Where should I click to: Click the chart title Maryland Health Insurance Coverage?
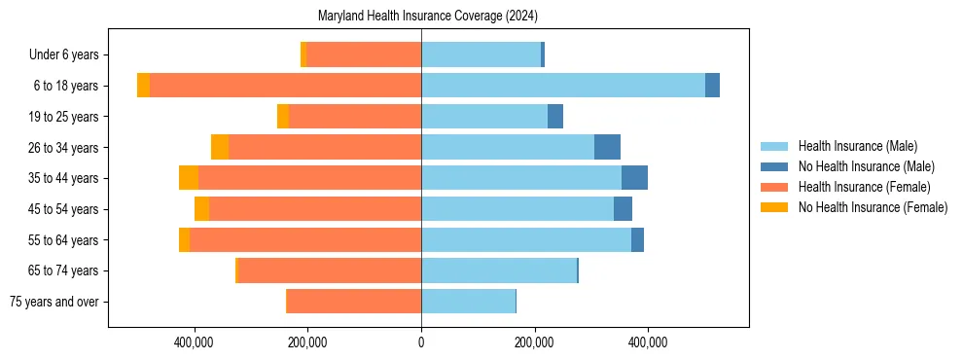tap(428, 17)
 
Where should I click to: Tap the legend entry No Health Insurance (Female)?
tap(872, 207)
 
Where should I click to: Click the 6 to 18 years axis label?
tap(66, 86)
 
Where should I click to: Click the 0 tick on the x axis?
tap(421, 342)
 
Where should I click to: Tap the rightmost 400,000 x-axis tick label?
tap(648, 342)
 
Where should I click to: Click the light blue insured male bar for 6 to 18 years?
tap(563, 86)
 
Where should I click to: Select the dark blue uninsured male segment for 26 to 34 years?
tap(607, 147)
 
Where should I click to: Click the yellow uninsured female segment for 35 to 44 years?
tap(189, 178)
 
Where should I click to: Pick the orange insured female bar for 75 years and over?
tap(354, 302)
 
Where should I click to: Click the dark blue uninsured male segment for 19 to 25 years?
tap(555, 117)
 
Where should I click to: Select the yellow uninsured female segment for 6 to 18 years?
tap(143, 86)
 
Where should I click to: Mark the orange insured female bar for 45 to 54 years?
tap(315, 209)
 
